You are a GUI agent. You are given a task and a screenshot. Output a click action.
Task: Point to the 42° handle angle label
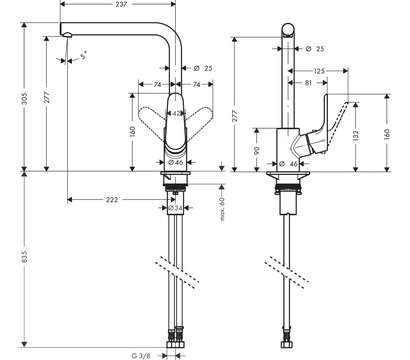tap(177, 113)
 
